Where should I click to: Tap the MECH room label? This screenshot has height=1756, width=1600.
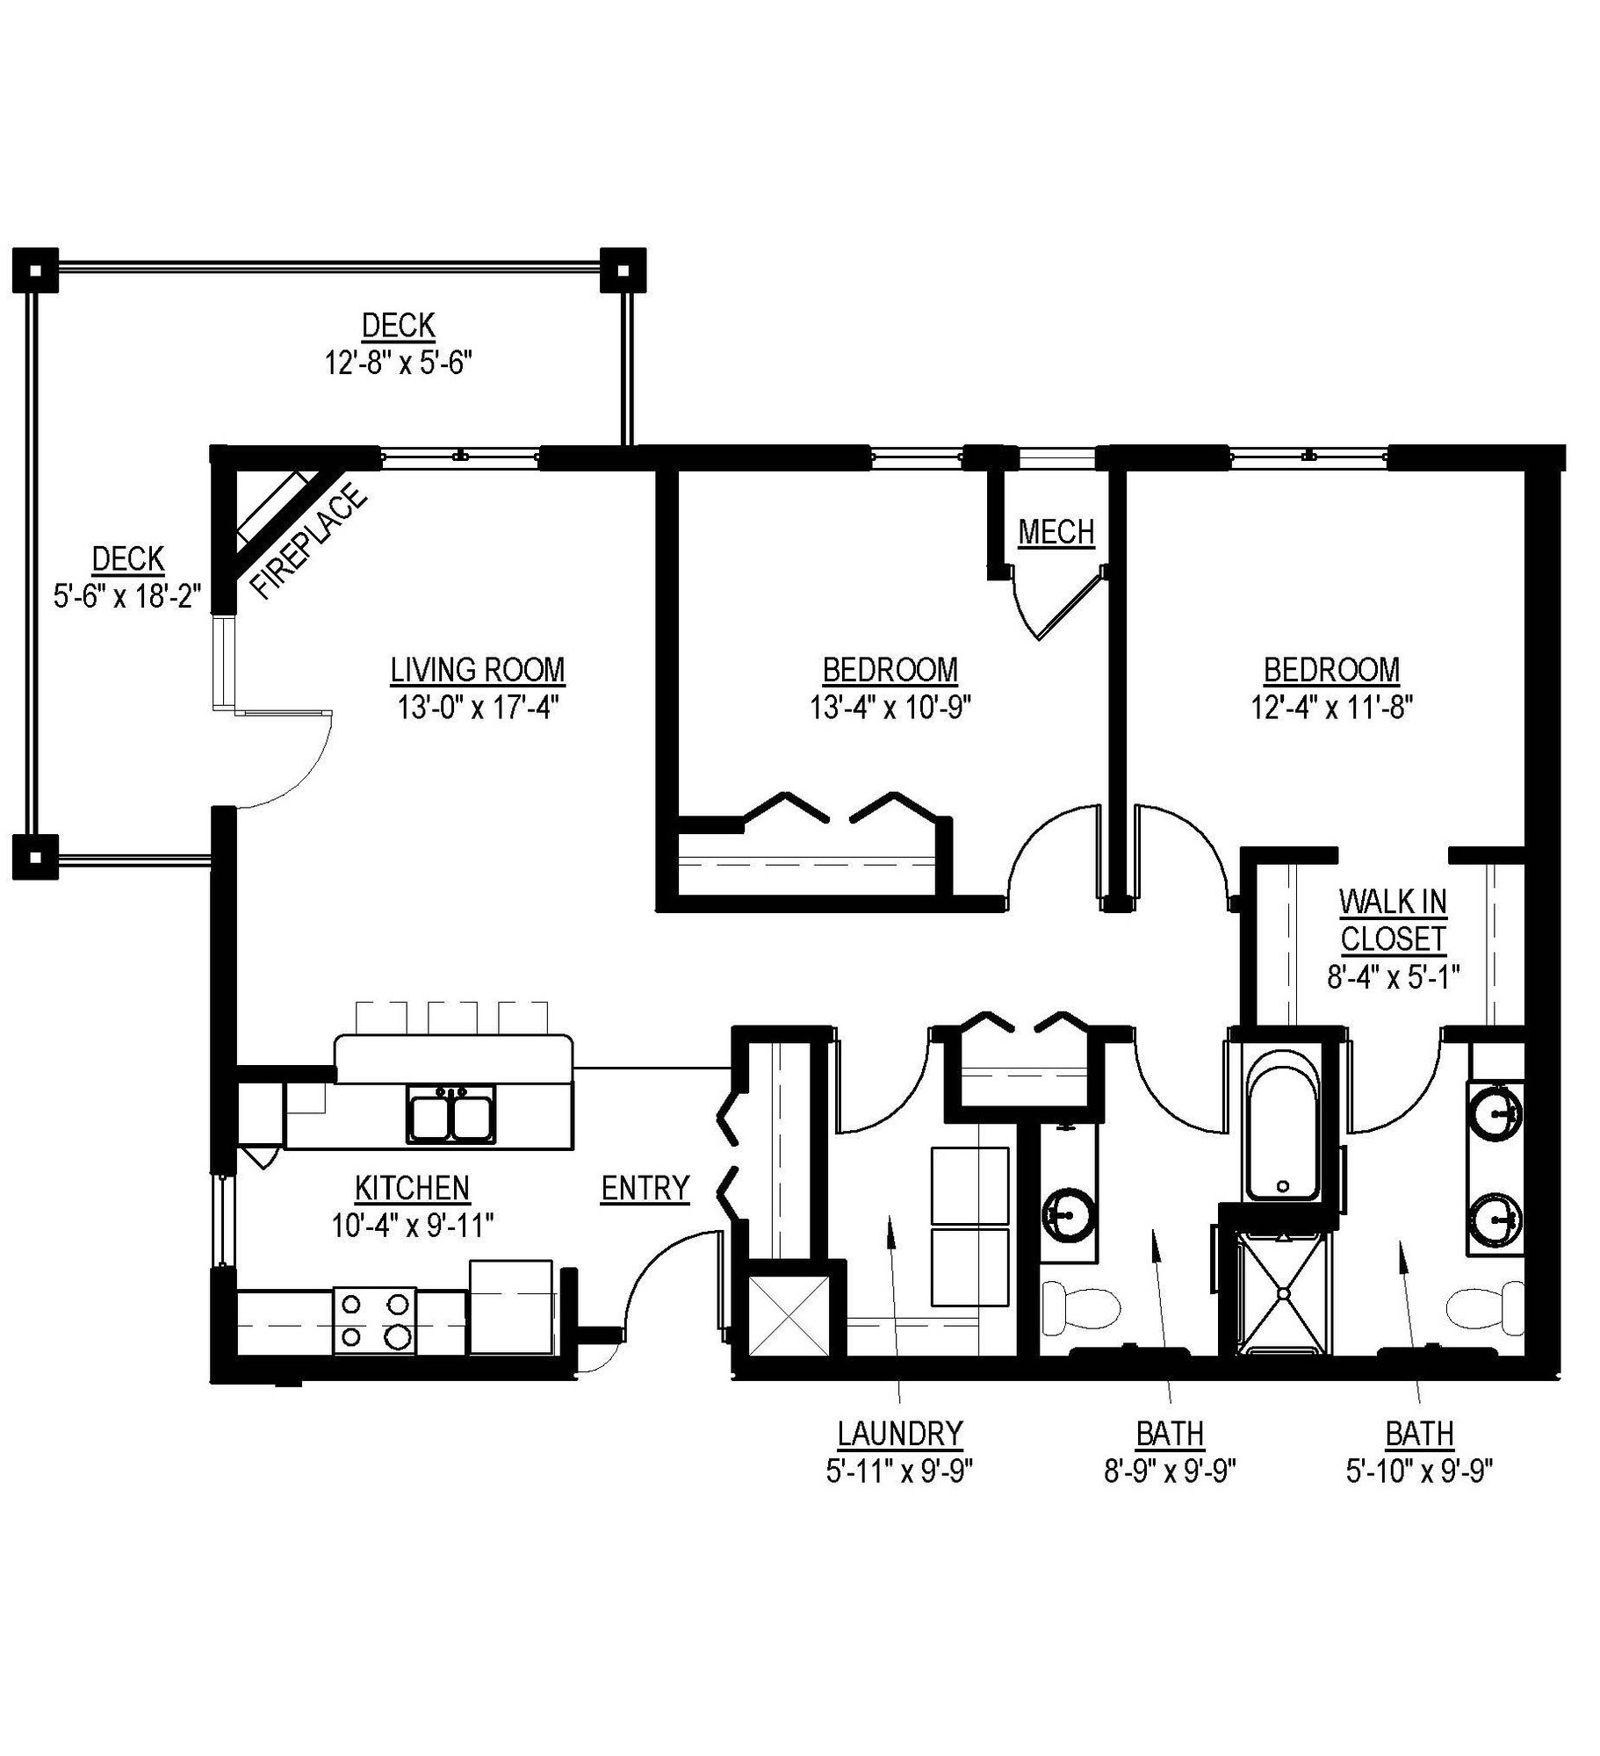point(1056,532)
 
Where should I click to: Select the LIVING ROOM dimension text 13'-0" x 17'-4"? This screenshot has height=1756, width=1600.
point(477,707)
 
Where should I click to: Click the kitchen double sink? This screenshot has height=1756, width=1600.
point(450,1114)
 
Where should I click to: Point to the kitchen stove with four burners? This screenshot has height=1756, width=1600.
point(375,1321)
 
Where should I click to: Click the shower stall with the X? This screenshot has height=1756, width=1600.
point(1283,1294)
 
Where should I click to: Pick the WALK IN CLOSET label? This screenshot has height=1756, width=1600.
point(1392,920)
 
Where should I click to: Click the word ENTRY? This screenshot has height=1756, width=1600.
point(645,1188)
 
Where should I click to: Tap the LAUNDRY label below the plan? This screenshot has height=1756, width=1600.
point(899,1433)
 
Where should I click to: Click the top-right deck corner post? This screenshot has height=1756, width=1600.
point(623,270)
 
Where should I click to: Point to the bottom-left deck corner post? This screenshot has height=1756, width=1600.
point(34,855)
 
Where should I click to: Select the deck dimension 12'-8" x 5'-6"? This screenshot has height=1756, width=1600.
point(399,363)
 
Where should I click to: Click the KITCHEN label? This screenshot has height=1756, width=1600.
point(412,1188)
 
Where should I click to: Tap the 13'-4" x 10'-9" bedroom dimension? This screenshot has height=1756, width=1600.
point(890,707)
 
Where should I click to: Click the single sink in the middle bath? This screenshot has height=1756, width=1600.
point(1067,1217)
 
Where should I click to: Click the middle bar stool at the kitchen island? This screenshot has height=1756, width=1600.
point(452,1018)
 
